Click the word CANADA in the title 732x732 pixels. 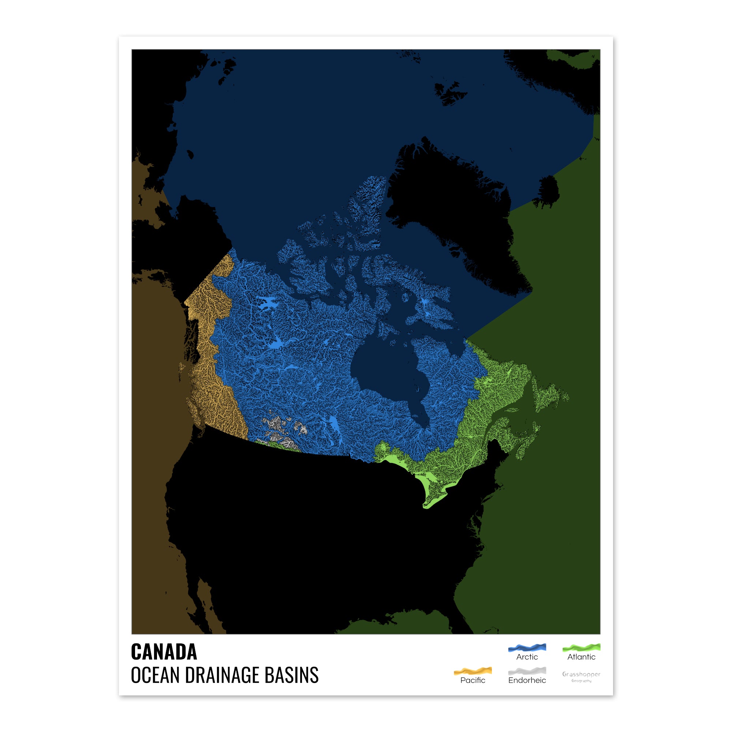[164, 652]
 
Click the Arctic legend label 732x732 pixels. [527, 657]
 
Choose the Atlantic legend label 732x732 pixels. [581, 657]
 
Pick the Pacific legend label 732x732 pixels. [473, 680]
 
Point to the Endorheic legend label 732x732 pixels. [527, 680]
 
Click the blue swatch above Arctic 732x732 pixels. [527, 647]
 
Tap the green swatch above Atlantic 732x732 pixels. [581, 647]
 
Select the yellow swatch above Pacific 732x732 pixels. [473, 671]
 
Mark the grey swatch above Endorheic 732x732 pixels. [527, 671]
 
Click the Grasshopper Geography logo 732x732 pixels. [581, 677]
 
